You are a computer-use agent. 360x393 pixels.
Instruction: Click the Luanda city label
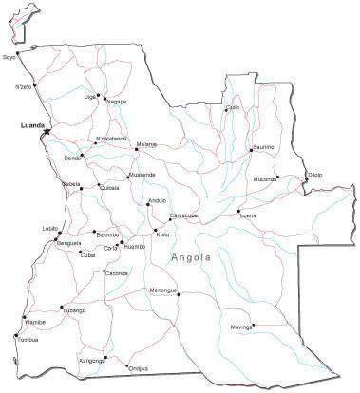pyautogui.click(x=31, y=125)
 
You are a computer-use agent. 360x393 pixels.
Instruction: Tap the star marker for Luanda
pyautogui.click(x=45, y=132)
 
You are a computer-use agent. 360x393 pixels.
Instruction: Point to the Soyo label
pyautogui.click(x=10, y=56)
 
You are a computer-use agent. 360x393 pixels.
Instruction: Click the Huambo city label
pyautogui.click(x=135, y=247)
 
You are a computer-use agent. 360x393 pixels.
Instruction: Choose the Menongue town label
pyautogui.click(x=162, y=290)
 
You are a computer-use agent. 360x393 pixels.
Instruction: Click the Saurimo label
pyautogui.click(x=263, y=148)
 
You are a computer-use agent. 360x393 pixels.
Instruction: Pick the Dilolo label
pyautogui.click(x=314, y=174)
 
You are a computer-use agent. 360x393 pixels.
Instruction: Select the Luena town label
pyautogui.click(x=249, y=215)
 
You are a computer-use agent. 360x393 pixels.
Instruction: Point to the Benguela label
pyautogui.click(x=69, y=243)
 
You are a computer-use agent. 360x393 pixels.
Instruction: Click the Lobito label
pyautogui.click(x=50, y=229)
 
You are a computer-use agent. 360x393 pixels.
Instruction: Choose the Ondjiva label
pyautogui.click(x=138, y=368)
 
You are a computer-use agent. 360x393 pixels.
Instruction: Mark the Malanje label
pyautogui.click(x=146, y=144)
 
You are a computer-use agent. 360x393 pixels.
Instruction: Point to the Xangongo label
pyautogui.click(x=92, y=361)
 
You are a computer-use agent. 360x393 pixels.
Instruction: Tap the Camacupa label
pyautogui.click(x=183, y=216)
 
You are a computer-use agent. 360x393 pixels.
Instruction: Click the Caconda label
pyautogui.click(x=117, y=273)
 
